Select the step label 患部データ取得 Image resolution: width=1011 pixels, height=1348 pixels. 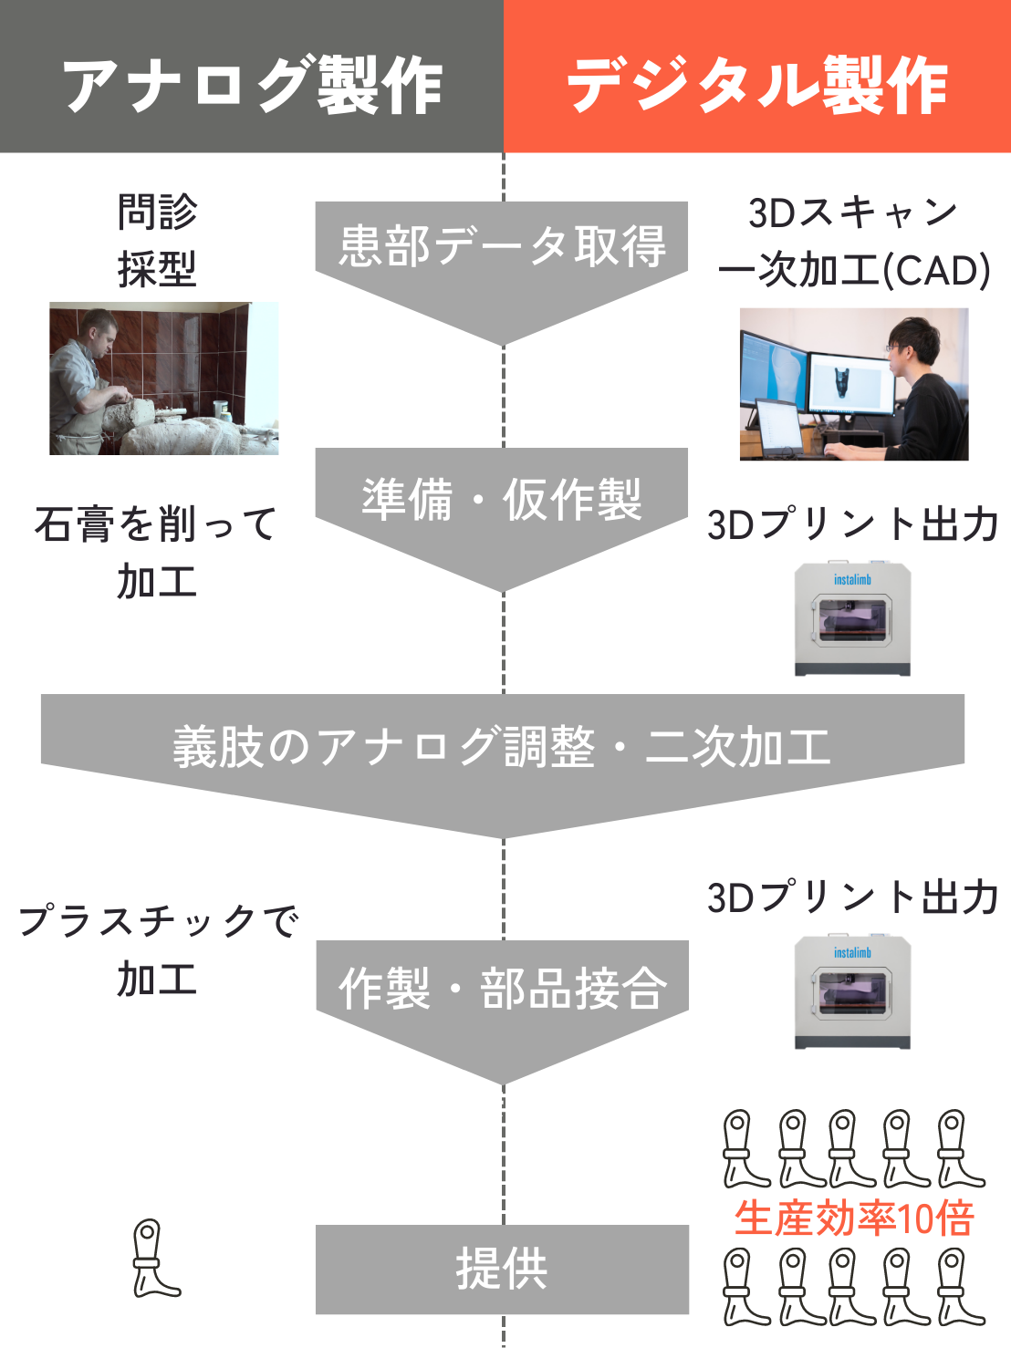(502, 246)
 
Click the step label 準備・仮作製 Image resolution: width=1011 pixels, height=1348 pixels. (502, 499)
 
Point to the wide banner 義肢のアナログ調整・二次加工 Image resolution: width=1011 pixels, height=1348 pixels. (502, 747)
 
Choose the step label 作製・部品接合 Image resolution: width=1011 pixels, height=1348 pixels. (502, 988)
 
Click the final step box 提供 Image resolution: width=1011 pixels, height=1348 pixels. (502, 1269)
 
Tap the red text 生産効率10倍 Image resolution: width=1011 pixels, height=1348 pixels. (854, 1218)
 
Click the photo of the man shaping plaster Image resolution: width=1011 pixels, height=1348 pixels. (164, 378)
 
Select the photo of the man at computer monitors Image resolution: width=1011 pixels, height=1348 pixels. (854, 384)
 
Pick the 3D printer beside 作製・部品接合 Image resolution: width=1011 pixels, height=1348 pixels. (852, 992)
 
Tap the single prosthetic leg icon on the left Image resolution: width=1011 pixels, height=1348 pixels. (155, 1259)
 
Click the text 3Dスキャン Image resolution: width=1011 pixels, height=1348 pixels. (852, 213)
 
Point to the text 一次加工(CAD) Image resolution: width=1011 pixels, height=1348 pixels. (854, 271)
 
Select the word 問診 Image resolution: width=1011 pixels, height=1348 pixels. (157, 212)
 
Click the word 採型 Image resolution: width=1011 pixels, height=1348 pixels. (157, 269)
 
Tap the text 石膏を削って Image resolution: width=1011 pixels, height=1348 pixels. (155, 524)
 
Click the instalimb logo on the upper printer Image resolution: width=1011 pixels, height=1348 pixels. (852, 579)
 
